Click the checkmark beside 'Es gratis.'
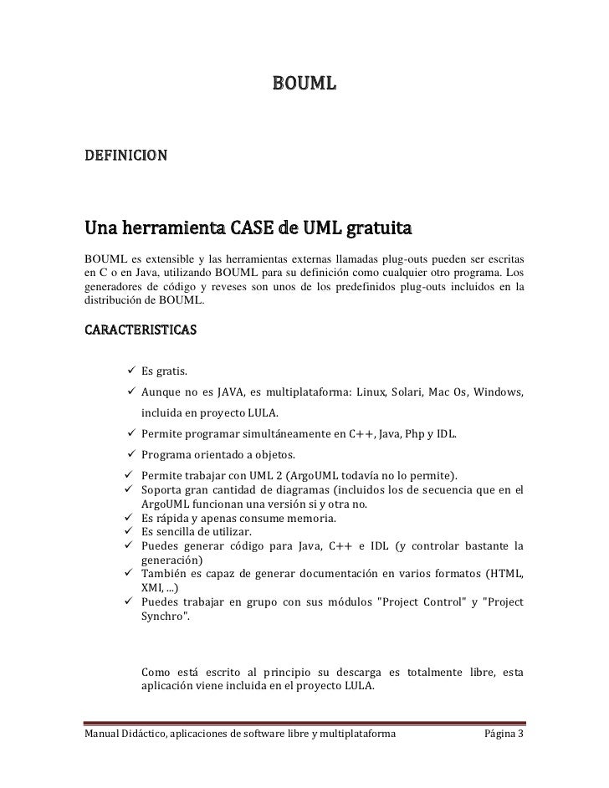[x=131, y=371]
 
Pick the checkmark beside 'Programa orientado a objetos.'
[x=131, y=455]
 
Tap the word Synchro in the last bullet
[x=163, y=616]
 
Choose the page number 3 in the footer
[x=520, y=734]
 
